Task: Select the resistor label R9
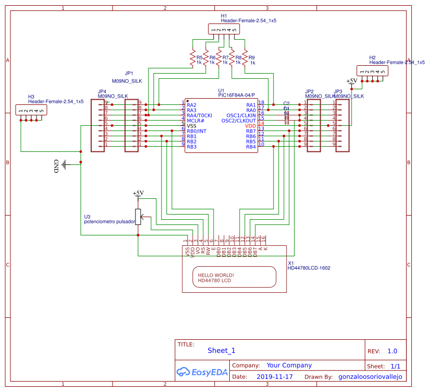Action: (251, 57)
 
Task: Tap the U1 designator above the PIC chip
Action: (221, 91)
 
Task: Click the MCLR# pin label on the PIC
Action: (195, 121)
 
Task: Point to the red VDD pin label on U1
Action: (251, 126)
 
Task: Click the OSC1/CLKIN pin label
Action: (241, 115)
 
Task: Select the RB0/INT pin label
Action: (196, 131)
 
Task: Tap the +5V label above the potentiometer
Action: (138, 194)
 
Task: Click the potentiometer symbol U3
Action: (138, 216)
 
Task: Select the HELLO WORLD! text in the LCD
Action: (216, 275)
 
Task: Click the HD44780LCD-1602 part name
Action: (309, 268)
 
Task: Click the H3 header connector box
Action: (31, 110)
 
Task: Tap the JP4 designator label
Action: (102, 91)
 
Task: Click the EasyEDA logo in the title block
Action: (201, 372)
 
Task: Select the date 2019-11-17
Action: (275, 376)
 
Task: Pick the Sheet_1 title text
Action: (222, 351)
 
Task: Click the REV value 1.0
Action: (392, 351)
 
